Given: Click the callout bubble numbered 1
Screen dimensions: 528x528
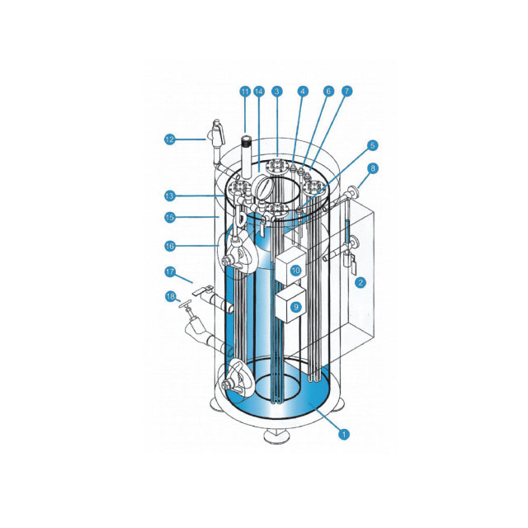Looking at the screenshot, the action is pos(344,435).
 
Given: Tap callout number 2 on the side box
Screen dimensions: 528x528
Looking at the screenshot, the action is pos(361,282).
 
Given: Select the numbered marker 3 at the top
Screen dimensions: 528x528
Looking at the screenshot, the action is pos(277,92).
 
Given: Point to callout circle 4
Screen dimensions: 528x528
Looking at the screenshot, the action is pos(303,92).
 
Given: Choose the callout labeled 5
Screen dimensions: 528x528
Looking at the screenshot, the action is pos(372,145).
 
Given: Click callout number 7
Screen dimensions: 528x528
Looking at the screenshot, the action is pos(346,91).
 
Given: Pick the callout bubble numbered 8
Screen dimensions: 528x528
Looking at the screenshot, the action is pos(373,168).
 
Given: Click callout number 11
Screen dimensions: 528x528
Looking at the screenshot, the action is pos(245,92).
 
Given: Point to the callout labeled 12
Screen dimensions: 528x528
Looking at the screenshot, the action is pos(170,139).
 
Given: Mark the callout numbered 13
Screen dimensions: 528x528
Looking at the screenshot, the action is pos(170,196).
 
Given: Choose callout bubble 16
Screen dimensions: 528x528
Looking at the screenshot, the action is pos(170,246).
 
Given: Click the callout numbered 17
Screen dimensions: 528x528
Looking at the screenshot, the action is pos(170,271).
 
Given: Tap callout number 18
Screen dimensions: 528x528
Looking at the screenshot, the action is pos(171,297).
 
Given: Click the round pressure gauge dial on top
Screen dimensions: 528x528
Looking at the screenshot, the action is pos(263,187).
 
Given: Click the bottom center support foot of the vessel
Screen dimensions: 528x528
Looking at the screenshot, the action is pos(277,436).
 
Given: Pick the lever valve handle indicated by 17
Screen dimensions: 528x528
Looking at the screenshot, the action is pos(203,290).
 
